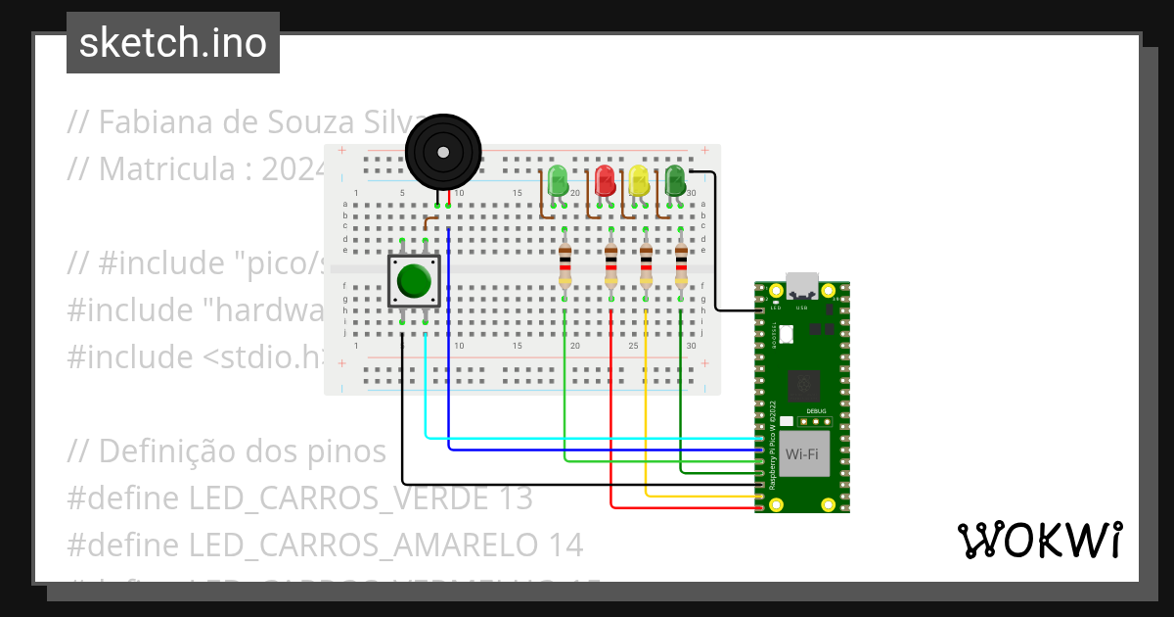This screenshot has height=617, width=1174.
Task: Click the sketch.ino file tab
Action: pyautogui.click(x=173, y=43)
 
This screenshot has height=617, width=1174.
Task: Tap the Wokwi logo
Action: pyautogui.click(x=1039, y=540)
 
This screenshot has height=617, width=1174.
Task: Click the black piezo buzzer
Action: pyautogui.click(x=443, y=152)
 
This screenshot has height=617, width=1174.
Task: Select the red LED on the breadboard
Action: pyautogui.click(x=605, y=180)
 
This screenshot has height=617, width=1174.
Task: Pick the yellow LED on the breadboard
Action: pyautogui.click(x=639, y=181)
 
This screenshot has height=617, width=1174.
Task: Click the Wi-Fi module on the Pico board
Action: pyautogui.click(x=801, y=454)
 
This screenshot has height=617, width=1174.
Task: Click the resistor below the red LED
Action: pyautogui.click(x=610, y=263)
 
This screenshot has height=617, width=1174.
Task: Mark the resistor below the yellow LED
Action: pyautogui.click(x=646, y=263)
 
